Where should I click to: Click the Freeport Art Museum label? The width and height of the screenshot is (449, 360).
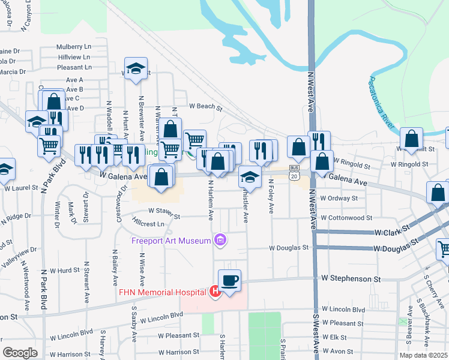click(170, 241)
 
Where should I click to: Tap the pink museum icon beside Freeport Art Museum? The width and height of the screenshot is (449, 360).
click(220, 241)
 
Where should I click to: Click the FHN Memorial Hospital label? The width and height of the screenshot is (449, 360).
click(169, 293)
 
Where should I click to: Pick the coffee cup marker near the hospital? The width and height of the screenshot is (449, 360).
click(231, 280)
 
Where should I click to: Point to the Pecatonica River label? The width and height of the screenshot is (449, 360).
click(382, 101)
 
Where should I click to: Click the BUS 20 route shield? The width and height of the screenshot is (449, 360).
click(294, 172)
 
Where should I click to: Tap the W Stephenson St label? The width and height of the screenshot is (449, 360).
click(351, 278)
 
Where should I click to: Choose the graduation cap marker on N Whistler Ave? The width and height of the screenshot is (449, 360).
click(250, 177)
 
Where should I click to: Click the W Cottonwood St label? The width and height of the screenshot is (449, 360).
click(346, 218)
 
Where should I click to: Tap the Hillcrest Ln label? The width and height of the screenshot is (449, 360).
click(149, 224)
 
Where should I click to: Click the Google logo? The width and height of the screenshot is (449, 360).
click(20, 352)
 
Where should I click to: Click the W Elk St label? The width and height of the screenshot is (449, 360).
click(334, 337)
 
